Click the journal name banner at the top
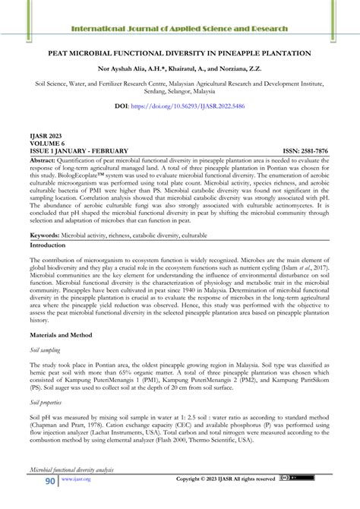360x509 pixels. coord(179,29)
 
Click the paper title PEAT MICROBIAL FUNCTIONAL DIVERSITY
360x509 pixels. coord(179,55)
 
